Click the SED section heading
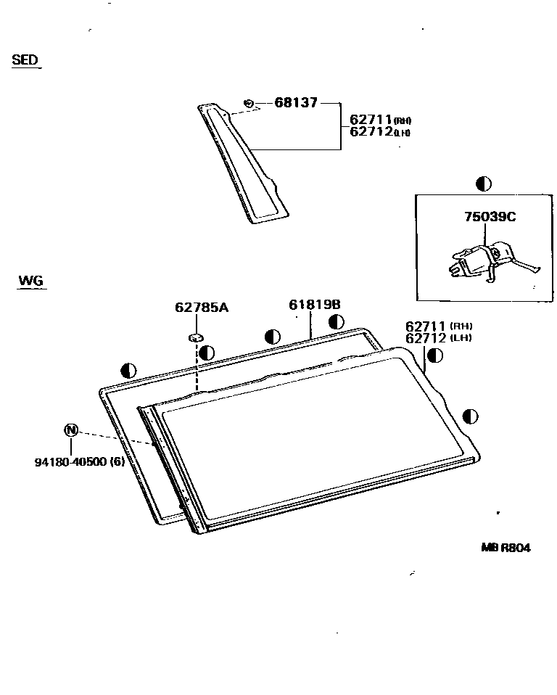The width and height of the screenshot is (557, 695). click(25, 59)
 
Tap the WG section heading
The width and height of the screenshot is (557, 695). click(30, 280)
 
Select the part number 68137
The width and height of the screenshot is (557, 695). click(296, 103)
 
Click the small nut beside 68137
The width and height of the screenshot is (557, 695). click(249, 103)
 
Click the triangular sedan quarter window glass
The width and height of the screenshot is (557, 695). click(244, 163)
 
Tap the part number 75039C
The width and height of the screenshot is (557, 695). click(490, 216)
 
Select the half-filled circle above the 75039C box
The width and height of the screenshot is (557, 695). click(483, 184)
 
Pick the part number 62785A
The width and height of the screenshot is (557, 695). click(202, 307)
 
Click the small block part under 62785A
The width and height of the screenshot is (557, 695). click(196, 336)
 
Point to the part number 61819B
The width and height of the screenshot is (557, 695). click(315, 305)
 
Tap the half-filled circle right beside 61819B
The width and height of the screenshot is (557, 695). click(336, 322)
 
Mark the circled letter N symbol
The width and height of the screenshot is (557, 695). click(71, 429)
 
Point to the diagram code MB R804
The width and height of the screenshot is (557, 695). click(505, 548)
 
